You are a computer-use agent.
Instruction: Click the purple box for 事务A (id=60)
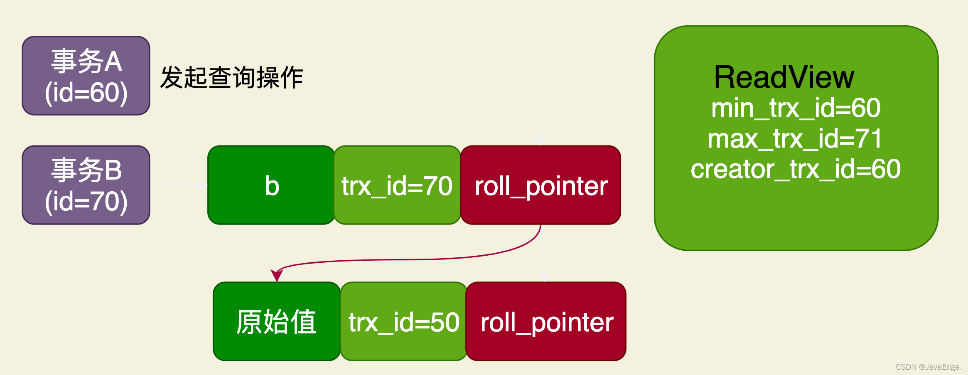[x=86, y=76]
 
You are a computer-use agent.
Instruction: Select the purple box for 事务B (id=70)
[x=86, y=185]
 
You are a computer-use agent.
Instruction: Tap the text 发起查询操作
[x=231, y=78]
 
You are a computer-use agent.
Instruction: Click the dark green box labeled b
[x=271, y=185]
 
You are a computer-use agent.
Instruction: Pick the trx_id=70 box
[x=397, y=185]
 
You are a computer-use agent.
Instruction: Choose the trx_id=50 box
[x=404, y=322]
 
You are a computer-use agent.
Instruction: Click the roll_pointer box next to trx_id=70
[x=541, y=185]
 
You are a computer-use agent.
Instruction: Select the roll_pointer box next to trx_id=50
[x=546, y=322]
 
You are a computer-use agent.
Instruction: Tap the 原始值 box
[x=276, y=322]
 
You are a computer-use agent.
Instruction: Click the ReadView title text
[x=784, y=77]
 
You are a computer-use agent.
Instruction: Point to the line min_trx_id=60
[x=796, y=108]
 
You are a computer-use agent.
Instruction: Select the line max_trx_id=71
[x=795, y=139]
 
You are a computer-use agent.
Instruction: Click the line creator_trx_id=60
[x=795, y=169]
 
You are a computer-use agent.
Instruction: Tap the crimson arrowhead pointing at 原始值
[x=277, y=275]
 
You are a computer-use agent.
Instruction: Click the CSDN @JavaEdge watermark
[x=928, y=367]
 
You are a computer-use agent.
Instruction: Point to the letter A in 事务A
[x=113, y=62]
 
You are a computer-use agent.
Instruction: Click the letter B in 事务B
[x=113, y=170]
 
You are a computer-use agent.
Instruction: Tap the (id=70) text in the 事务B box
[x=86, y=202]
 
